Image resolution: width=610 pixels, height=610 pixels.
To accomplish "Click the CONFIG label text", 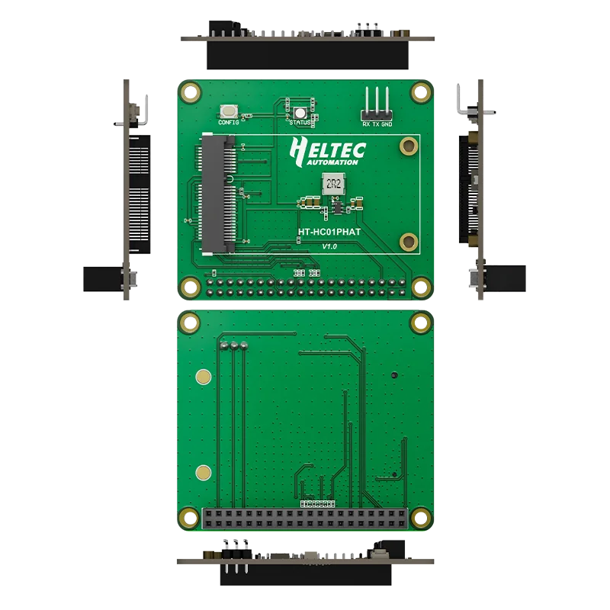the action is [228, 123].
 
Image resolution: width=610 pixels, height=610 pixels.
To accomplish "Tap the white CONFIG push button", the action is [229, 111].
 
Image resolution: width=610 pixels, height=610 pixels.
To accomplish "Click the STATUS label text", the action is [300, 123].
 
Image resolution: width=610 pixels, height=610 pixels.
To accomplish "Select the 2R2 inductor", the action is [333, 184].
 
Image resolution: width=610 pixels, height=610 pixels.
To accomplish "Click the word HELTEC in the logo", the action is [328, 149].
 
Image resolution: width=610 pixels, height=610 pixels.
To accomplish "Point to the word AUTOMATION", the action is [332, 162].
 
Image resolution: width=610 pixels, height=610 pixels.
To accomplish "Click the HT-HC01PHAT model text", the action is [329, 232].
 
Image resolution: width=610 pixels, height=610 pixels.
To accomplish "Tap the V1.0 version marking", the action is [329, 246].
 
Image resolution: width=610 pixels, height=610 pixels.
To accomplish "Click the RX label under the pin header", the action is [366, 124].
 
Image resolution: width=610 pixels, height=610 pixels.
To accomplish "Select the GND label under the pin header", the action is [387, 124].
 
